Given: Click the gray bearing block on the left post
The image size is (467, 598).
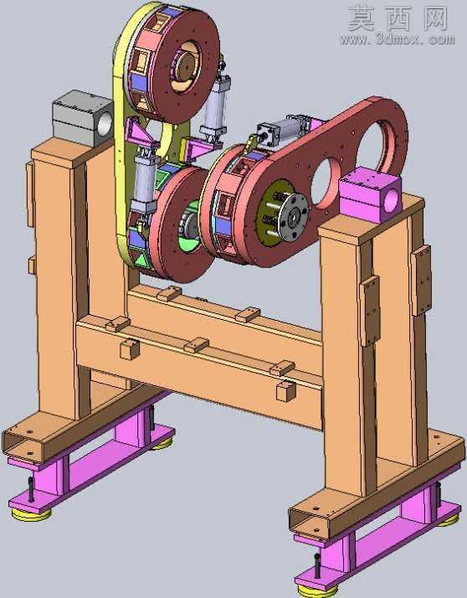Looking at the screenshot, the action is click(82, 117).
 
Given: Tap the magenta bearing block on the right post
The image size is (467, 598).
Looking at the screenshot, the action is click(370, 193).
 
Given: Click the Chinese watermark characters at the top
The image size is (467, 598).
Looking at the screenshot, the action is click(398, 18).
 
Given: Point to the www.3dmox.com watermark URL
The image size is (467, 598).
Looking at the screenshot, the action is click(398, 39).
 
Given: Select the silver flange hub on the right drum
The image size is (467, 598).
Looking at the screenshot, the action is click(291, 218).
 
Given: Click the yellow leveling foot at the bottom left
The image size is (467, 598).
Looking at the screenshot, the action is click(31, 513).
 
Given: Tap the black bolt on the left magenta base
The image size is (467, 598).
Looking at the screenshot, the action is click(31, 489).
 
